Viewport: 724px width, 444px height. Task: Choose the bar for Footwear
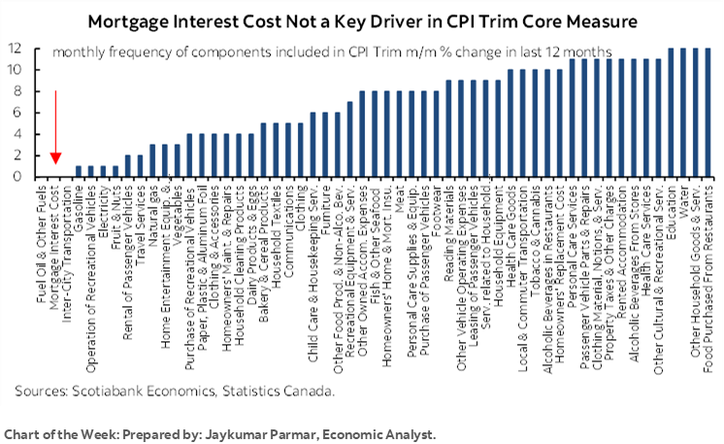(x=436, y=134)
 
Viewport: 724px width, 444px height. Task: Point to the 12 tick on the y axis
(x=16, y=48)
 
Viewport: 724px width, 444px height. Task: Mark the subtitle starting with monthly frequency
(x=330, y=51)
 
